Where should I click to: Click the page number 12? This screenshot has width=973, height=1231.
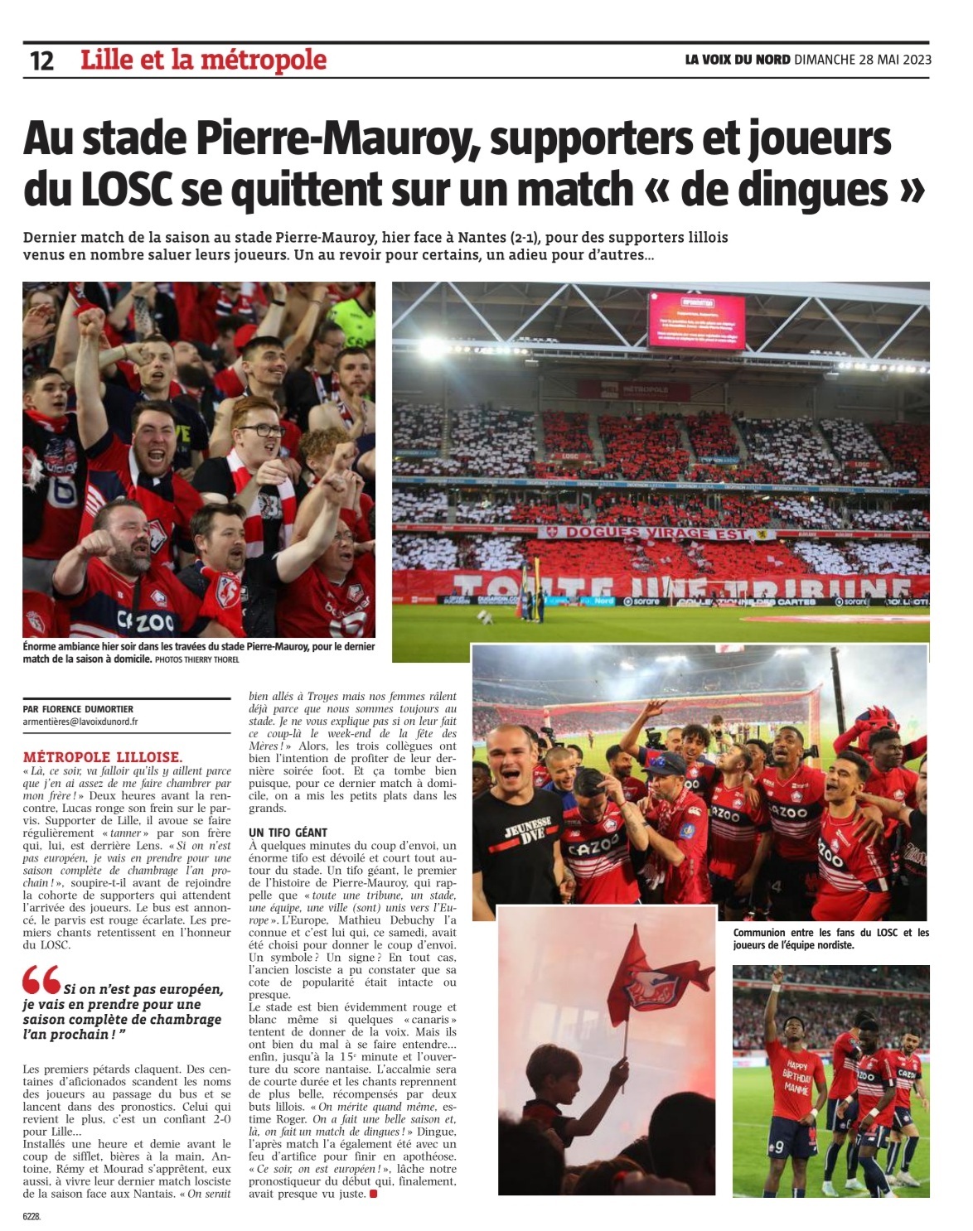[41, 60]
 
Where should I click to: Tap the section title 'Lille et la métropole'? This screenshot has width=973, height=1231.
[203, 60]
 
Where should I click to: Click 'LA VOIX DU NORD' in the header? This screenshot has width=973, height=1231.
[737, 60]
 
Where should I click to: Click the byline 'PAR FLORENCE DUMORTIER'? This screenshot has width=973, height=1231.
[79, 709]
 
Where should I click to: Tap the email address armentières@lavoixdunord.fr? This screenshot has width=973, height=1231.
[80, 722]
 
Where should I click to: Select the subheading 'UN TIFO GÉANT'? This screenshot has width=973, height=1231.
[288, 832]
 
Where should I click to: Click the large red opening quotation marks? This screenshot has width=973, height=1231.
[41, 980]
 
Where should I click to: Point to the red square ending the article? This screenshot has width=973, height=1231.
[373, 1194]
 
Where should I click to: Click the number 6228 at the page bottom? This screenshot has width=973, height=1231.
[31, 1217]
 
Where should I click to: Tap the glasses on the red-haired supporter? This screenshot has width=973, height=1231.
[263, 430]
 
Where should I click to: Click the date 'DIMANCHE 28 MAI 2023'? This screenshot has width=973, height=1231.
[863, 60]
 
